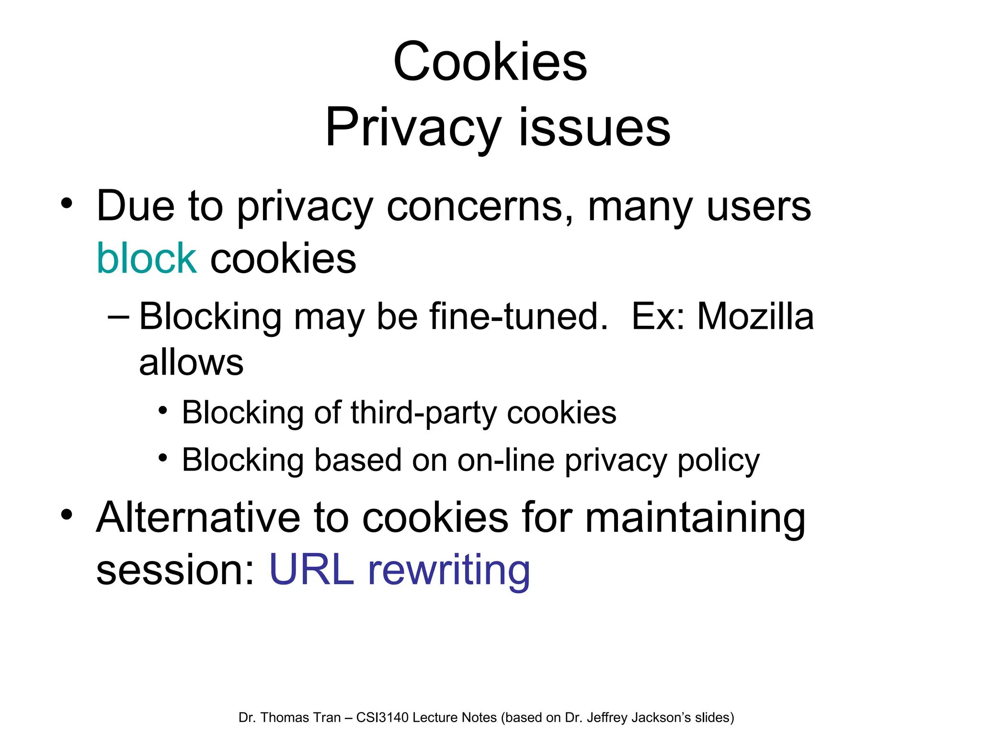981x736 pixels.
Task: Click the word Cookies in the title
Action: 490,62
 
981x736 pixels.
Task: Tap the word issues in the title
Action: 594,128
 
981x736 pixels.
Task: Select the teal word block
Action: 147,258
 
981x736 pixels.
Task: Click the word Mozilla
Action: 755,317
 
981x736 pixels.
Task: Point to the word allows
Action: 191,362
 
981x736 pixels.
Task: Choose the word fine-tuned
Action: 518,317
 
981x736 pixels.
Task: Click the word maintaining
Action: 695,518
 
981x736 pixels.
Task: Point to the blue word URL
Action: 311,570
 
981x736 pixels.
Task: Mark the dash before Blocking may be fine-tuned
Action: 118,317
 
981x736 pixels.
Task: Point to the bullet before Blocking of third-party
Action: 163,411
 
